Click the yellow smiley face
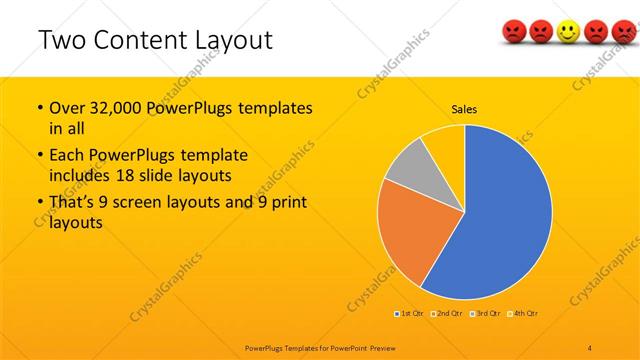tap(568, 34)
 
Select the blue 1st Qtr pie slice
tap(500, 220)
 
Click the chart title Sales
tap(464, 108)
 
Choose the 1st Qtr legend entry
tap(409, 314)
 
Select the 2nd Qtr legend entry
tap(445, 314)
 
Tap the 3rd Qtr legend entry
tap(485, 314)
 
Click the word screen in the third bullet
tap(153, 204)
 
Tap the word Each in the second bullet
tap(67, 156)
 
